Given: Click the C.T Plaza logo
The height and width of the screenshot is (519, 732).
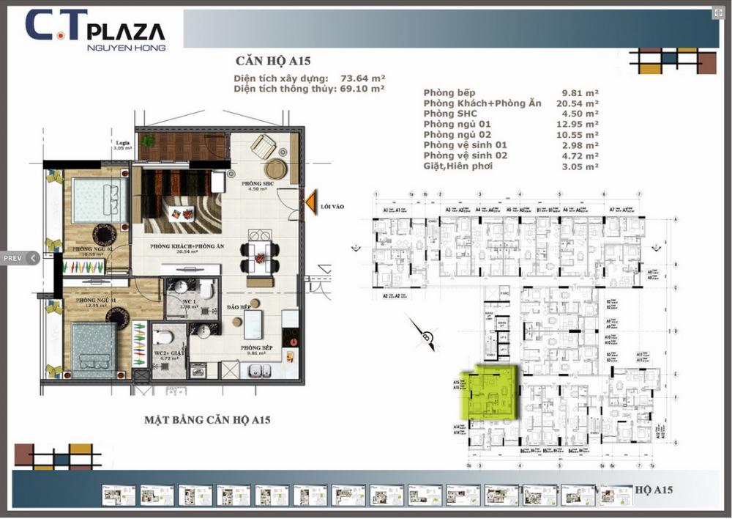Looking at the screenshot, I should [x=95, y=29].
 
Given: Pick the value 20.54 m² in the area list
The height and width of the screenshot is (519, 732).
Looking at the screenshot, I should [x=580, y=103].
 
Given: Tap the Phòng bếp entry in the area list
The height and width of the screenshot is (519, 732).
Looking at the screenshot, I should [x=449, y=93].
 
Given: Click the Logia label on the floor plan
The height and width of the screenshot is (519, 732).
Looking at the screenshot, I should [x=122, y=143].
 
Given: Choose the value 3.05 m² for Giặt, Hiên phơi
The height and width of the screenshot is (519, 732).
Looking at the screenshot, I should [x=580, y=166].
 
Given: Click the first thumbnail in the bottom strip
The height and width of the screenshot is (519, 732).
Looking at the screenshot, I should [x=119, y=496].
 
